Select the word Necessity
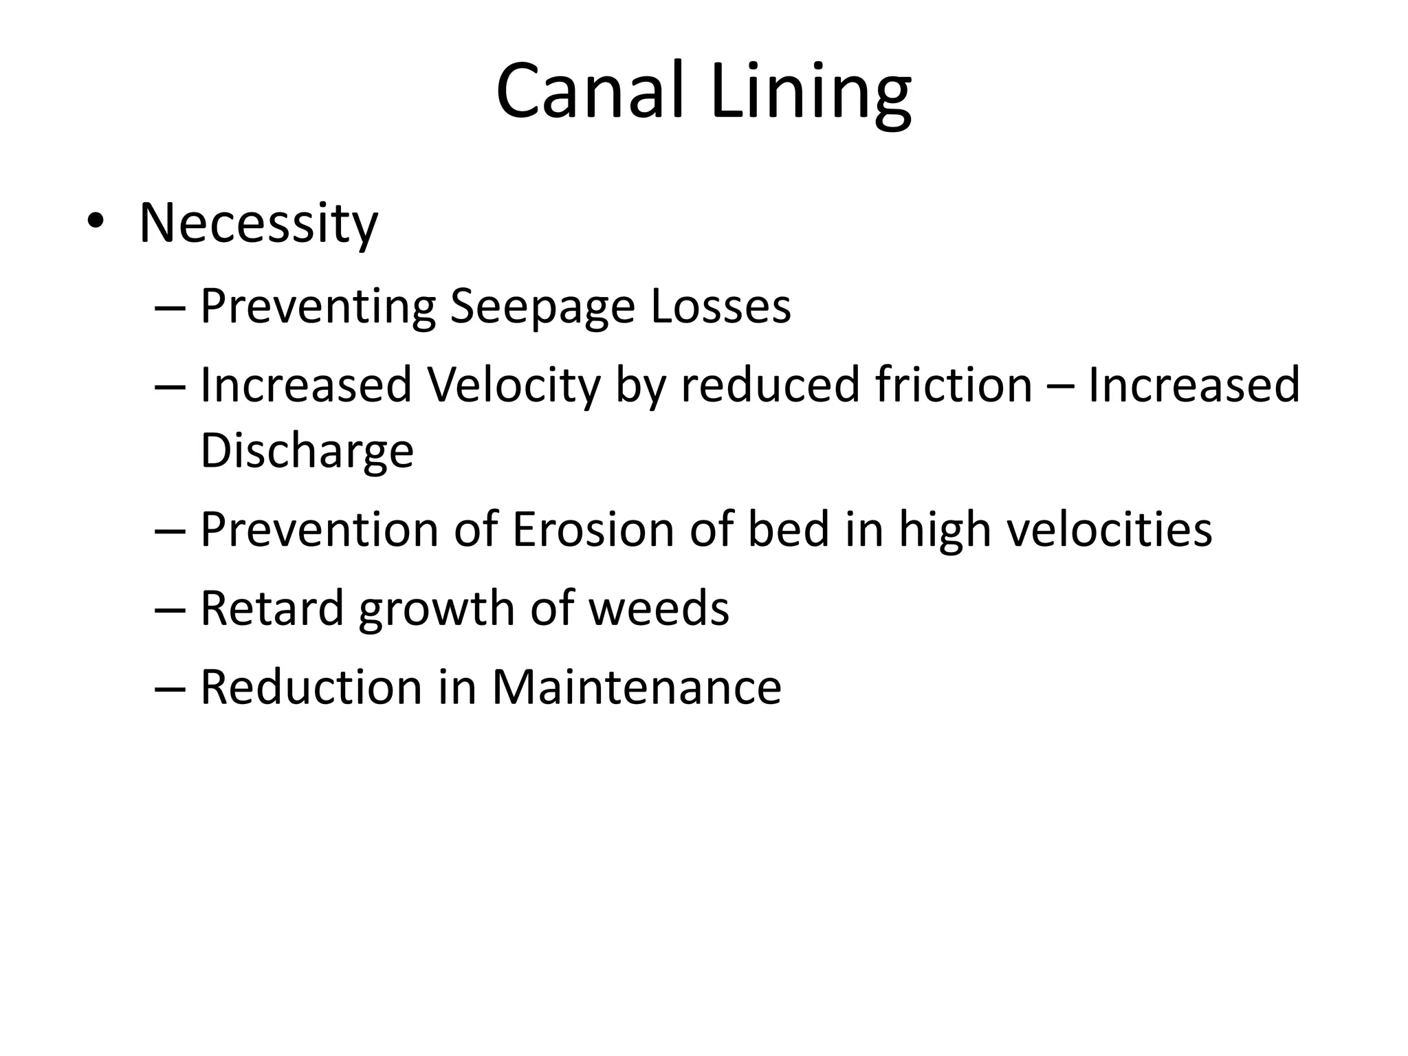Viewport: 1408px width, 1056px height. click(x=258, y=224)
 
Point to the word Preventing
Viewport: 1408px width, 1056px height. click(x=318, y=307)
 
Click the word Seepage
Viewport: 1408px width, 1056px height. click(x=542, y=307)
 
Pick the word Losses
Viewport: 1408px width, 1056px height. click(x=720, y=305)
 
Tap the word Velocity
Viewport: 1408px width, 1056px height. click(x=514, y=385)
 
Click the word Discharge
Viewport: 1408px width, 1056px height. click(x=307, y=451)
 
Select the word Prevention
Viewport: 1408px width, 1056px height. click(x=319, y=529)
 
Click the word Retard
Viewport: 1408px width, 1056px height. click(x=272, y=608)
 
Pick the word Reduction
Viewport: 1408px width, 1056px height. click(x=311, y=687)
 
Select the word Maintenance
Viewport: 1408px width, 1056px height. click(x=637, y=687)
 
